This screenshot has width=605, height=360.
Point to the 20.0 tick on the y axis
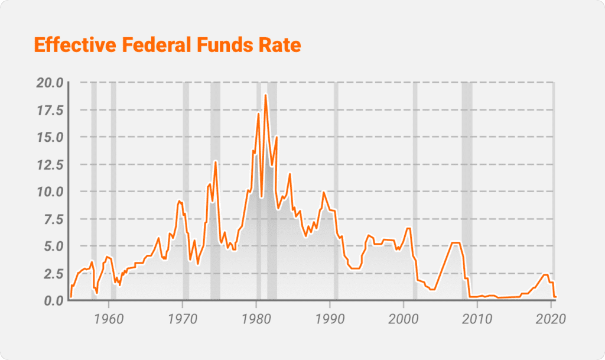click(50, 82)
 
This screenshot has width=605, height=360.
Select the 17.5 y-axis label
click(50, 110)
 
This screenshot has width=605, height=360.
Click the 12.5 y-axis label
click(50, 165)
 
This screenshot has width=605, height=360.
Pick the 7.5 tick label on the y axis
click(53, 219)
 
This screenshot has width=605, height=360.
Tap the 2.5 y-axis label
click(53, 274)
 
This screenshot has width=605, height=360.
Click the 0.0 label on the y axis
click(53, 301)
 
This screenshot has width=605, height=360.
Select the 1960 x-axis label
click(109, 319)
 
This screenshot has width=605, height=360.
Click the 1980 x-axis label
click(256, 319)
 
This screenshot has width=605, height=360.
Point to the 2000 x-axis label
click(404, 319)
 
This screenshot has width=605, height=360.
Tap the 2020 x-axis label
click(551, 319)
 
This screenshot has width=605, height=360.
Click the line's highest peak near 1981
click(266, 95)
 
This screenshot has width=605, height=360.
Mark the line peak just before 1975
click(216, 161)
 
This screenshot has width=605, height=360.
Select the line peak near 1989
click(324, 192)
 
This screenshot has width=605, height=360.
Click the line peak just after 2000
click(408, 228)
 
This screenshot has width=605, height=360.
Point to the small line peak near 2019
click(546, 274)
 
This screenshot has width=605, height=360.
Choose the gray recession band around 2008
click(467, 189)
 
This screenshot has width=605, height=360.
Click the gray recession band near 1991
click(336, 189)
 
